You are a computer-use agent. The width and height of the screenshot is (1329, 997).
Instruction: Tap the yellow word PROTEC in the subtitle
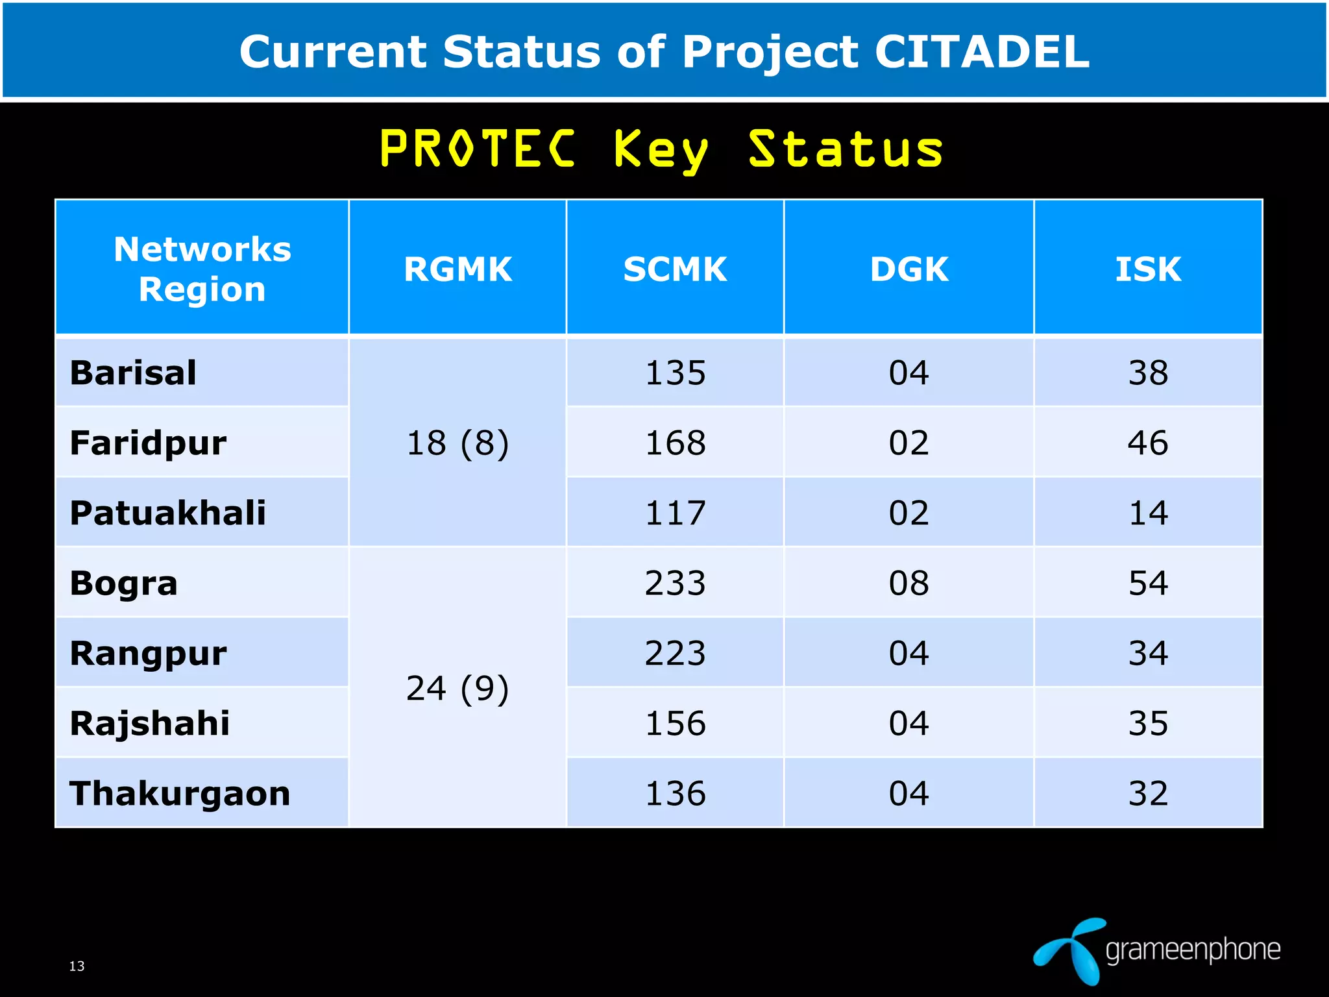[x=478, y=149]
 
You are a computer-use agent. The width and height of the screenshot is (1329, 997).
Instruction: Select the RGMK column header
[x=457, y=269]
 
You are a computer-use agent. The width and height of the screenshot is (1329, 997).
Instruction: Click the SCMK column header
[x=675, y=269]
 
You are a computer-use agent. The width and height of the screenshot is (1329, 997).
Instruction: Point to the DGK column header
[x=908, y=269]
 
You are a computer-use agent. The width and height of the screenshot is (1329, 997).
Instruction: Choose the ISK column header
[x=1148, y=269]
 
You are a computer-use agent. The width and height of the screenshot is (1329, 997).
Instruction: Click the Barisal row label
[x=133, y=373]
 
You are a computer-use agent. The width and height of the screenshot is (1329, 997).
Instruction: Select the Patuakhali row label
[x=168, y=513]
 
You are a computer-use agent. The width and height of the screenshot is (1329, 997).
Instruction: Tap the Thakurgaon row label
[x=180, y=793]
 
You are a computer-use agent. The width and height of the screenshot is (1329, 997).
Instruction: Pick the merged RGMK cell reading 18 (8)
[x=457, y=443]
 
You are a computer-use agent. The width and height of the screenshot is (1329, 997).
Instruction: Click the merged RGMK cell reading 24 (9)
[x=457, y=688]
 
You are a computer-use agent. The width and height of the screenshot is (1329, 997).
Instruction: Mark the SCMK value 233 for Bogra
[x=675, y=583]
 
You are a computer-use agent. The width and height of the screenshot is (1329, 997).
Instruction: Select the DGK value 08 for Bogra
[x=908, y=583]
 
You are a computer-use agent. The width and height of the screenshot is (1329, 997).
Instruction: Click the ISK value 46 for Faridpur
[x=1148, y=443]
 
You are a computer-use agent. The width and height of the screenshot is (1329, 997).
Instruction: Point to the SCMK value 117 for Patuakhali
[x=675, y=513]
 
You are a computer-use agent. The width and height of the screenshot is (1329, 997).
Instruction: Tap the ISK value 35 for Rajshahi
[x=1148, y=723]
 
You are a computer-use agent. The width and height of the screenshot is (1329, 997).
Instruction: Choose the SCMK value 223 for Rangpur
[x=675, y=653]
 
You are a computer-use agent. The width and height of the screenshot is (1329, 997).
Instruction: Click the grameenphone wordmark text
[x=1193, y=950]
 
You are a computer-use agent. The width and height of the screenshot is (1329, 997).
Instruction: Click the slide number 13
[x=77, y=966]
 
